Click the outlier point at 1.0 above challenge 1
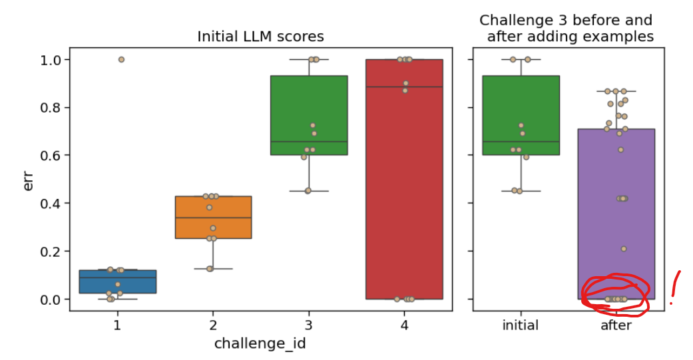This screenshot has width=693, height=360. point(121,59)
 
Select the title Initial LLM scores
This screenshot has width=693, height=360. point(260,37)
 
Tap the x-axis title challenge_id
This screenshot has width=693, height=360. point(260,343)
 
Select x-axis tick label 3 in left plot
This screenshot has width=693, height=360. point(308,325)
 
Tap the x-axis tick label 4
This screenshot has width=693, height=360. point(404,325)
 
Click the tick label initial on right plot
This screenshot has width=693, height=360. point(520,325)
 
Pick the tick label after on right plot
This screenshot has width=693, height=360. point(616,325)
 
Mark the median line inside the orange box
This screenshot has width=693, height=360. point(213,218)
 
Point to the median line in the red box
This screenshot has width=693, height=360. point(404,87)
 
